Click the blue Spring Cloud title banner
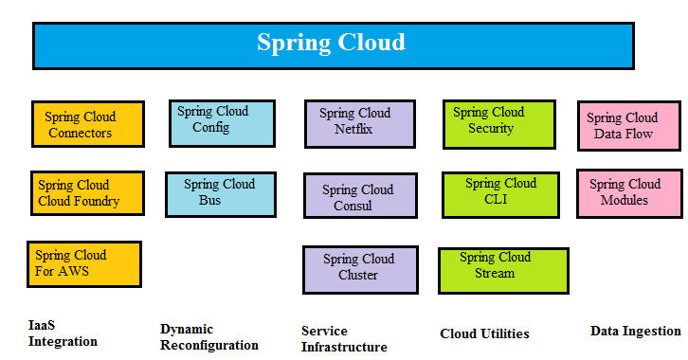[332, 45]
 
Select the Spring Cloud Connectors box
[87, 125]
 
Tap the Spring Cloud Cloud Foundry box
[87, 193]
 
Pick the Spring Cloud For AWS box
[83, 263]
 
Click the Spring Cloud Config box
[222, 123]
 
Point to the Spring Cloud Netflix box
[360, 123]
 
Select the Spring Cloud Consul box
[360, 197]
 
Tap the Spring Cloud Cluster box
[360, 268]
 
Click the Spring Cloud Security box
[499, 123]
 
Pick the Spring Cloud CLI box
[501, 192]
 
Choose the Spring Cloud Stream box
[503, 269]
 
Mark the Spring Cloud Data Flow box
[629, 126]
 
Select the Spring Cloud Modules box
[629, 193]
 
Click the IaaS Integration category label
[63, 333]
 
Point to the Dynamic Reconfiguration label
[209, 337]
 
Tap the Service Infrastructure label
[344, 339]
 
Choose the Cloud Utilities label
[485, 333]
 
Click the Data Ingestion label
[635, 331]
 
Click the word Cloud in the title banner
[371, 43]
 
